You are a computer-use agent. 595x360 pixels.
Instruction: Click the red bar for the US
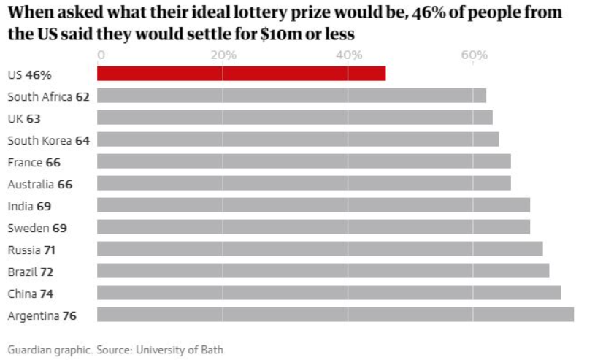tap(241, 73)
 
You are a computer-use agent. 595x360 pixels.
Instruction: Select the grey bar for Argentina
tap(335, 315)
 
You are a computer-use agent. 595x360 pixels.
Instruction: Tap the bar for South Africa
tap(291, 96)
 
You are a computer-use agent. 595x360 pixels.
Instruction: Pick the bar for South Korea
tap(298, 139)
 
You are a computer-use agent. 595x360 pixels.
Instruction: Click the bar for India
tap(313, 205)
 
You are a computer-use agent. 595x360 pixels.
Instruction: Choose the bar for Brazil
tap(323, 271)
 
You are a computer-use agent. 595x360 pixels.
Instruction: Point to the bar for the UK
tap(294, 118)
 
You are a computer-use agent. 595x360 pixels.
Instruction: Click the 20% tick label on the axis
tap(223, 55)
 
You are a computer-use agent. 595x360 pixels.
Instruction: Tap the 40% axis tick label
tap(348, 55)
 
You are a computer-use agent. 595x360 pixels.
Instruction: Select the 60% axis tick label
tap(474, 55)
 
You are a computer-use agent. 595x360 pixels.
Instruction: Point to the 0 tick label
tap(101, 55)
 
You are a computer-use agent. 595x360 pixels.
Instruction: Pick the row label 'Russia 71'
tap(31, 250)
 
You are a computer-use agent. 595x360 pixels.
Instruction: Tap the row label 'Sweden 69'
tap(37, 228)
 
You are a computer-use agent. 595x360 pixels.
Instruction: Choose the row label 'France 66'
tap(34, 162)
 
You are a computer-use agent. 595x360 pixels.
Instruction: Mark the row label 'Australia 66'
tap(39, 184)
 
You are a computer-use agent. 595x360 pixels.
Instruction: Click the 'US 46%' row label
tap(29, 74)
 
